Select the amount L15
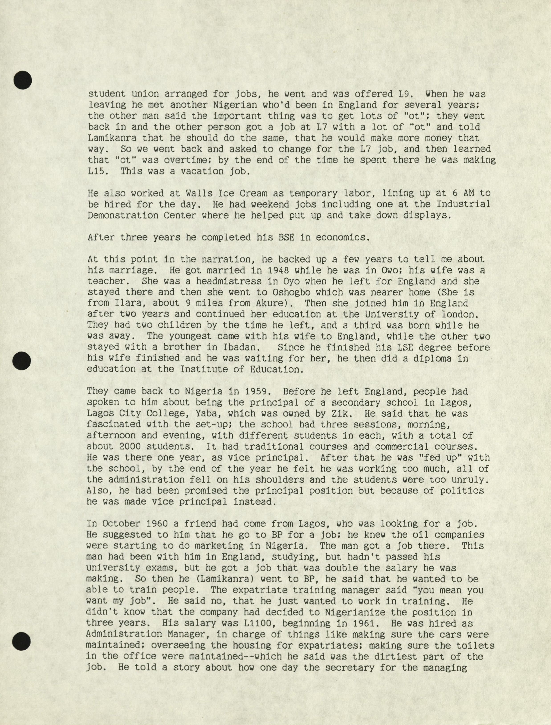tap(99, 171)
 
